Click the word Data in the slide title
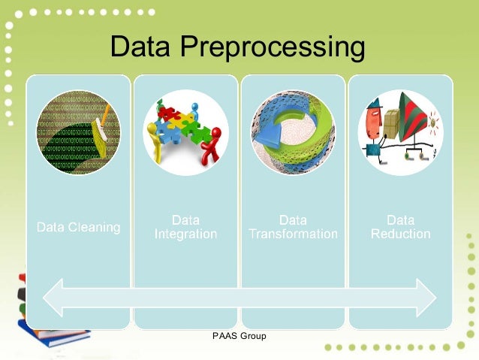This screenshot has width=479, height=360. [x=143, y=47]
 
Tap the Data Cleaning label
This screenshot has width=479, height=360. [x=79, y=227]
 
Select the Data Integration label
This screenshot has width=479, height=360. [x=185, y=227]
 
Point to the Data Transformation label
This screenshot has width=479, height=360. [x=293, y=227]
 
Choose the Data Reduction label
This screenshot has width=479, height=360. [x=400, y=227]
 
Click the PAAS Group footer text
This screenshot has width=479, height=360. [x=239, y=336]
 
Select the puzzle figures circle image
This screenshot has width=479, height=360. [x=185, y=132]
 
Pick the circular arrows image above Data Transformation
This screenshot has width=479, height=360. [x=293, y=132]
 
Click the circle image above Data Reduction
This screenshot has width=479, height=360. [x=400, y=132]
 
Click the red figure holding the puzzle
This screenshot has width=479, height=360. [x=214, y=146]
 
